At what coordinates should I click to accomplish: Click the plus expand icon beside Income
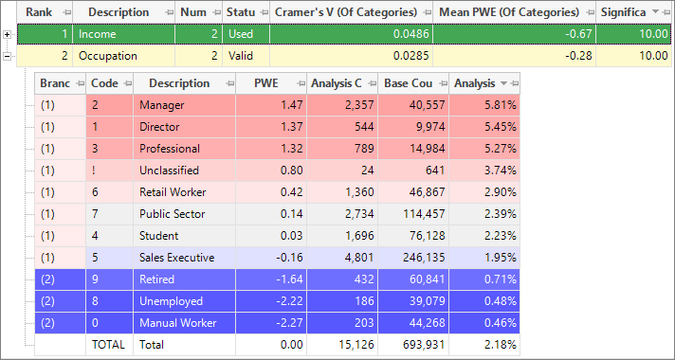pos(7,34)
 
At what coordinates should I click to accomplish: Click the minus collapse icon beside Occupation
pos(7,56)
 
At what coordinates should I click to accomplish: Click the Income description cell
pos(124,34)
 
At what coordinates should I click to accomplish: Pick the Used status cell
pos(246,34)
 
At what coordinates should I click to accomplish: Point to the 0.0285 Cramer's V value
pos(411,56)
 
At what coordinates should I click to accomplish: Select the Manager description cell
pos(185,105)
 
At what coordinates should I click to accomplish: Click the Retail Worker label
pos(173,192)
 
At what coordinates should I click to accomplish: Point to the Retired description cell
pos(185,279)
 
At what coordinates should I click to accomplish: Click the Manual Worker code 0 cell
pos(110,323)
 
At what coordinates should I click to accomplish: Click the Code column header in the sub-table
pos(110,83)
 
